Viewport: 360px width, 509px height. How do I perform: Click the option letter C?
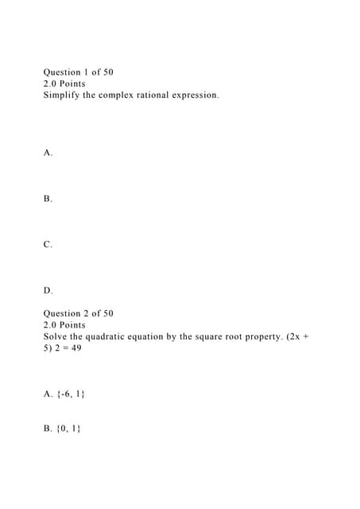48,245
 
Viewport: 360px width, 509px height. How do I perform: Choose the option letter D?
48,290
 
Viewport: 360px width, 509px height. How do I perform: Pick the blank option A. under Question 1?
48,153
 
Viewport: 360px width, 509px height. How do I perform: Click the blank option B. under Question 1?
48,199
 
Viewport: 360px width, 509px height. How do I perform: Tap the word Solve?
56,336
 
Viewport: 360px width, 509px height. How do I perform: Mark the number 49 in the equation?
75,348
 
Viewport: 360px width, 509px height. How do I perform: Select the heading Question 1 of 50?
78,72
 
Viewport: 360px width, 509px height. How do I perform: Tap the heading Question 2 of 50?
78,313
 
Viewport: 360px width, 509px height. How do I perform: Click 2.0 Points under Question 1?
64,84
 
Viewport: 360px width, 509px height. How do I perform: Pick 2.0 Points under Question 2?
64,324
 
